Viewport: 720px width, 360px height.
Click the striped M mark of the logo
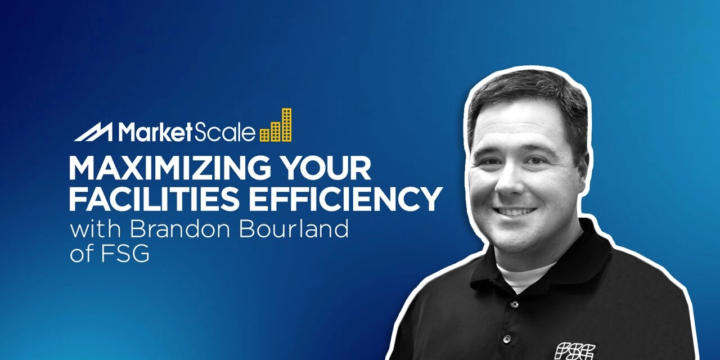(x=94, y=133)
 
